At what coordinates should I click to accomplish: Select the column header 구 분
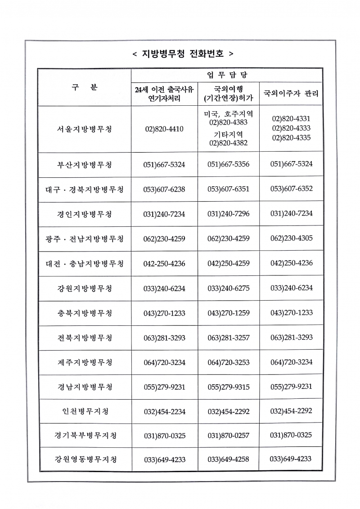84,87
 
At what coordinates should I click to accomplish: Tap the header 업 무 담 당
226,75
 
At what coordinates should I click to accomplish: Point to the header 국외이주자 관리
291,94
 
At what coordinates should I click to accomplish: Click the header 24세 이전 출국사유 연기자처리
164,94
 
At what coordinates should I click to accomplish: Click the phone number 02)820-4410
164,129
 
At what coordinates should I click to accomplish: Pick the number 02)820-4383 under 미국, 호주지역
228,122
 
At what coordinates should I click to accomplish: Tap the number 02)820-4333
291,128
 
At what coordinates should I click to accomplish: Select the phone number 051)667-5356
228,164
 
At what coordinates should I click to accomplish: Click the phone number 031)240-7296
228,214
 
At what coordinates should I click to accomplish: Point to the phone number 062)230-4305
291,238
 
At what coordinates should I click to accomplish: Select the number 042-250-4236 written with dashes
164,263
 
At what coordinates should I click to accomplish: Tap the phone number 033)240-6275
228,288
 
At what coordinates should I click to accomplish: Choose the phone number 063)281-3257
228,338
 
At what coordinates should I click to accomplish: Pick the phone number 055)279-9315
228,387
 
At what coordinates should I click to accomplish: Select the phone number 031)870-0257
228,436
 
